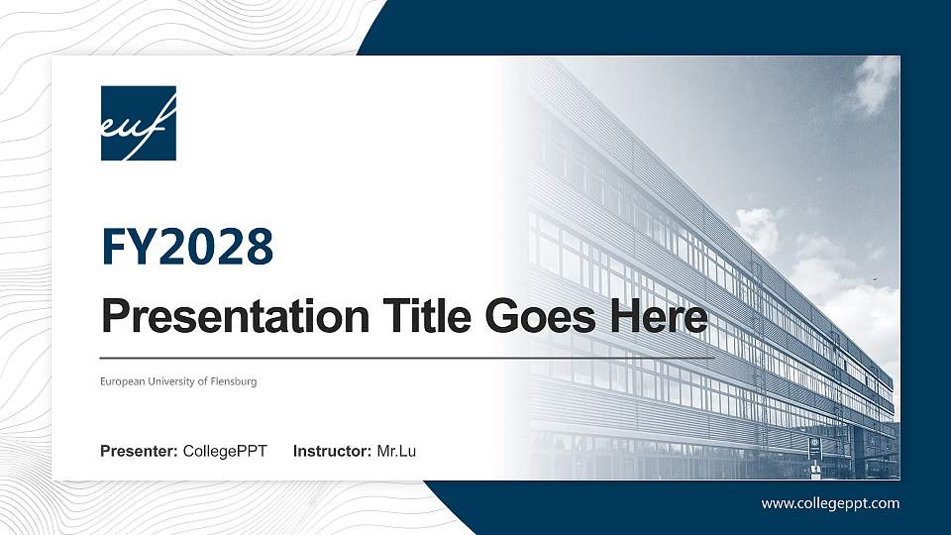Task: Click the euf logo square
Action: (x=138, y=123)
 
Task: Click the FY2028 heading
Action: (x=187, y=248)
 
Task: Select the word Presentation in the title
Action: (x=228, y=318)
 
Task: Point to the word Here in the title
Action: (x=659, y=317)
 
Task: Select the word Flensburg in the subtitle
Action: (x=234, y=381)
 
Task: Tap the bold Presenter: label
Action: (x=139, y=453)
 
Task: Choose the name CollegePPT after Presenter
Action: (x=225, y=453)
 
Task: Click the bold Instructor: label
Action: (x=333, y=453)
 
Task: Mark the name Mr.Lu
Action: (x=396, y=453)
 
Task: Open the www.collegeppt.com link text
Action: (x=830, y=503)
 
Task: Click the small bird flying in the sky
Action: (x=876, y=280)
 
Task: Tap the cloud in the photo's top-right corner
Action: (x=872, y=84)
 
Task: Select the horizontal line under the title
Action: (x=406, y=358)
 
